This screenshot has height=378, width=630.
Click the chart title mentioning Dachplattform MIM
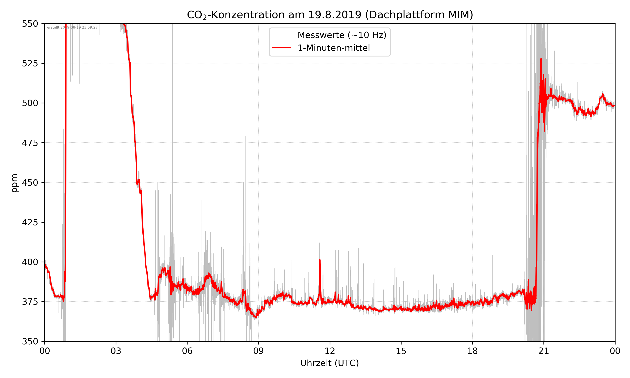[330, 15]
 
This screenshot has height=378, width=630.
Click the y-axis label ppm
[14, 183]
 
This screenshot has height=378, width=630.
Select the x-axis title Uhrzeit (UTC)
[329, 363]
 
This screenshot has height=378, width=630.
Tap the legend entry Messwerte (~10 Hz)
[342, 35]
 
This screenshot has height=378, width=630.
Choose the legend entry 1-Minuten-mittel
[334, 48]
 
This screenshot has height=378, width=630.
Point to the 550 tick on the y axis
[30, 24]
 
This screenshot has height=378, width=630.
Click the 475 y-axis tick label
[30, 143]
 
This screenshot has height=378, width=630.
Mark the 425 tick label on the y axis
[30, 222]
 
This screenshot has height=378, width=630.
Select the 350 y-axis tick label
[30, 341]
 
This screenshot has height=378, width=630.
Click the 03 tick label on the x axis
[116, 351]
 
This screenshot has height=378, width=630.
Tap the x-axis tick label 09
[259, 351]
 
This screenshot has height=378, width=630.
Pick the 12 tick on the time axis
[330, 351]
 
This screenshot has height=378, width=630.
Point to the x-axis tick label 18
[472, 351]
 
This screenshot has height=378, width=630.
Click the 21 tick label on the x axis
[544, 351]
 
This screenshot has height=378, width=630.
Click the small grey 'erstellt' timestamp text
[72, 28]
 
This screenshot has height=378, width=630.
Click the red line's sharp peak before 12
[320, 260]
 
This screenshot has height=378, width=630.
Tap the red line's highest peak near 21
[541, 59]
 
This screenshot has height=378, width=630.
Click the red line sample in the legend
[282, 48]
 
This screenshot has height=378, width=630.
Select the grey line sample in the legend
[282, 35]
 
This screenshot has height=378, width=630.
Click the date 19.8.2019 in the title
[335, 15]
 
